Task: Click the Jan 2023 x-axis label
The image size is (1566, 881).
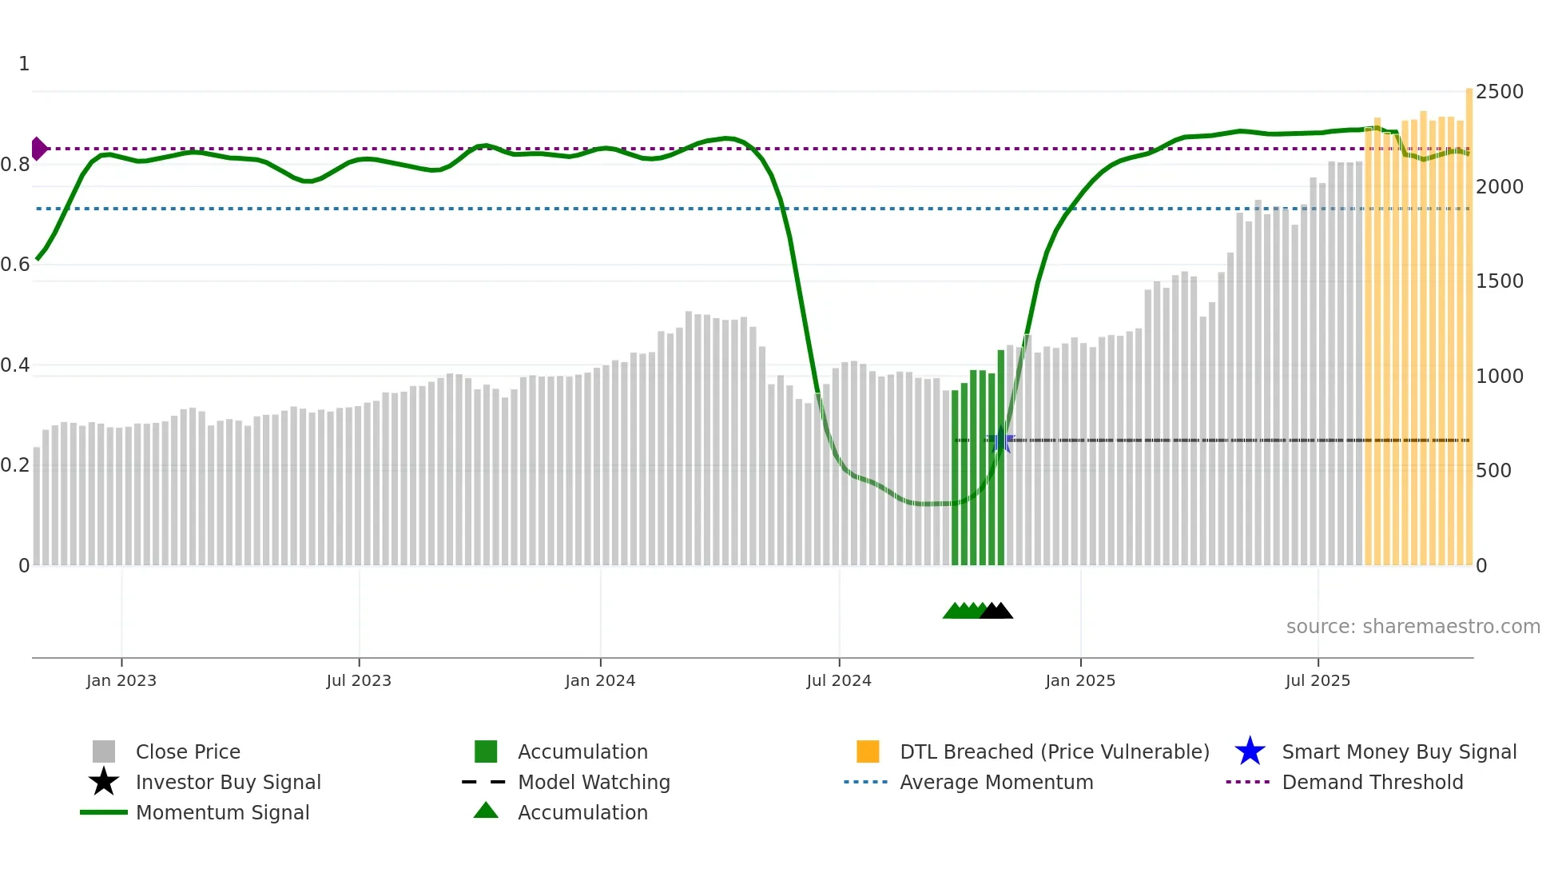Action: tap(121, 680)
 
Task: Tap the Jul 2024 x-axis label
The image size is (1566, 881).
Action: tap(839, 680)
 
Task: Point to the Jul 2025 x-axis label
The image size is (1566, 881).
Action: tap(1318, 680)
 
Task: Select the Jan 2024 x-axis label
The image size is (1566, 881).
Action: tap(600, 680)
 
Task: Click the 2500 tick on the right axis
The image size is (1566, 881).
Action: tap(1500, 92)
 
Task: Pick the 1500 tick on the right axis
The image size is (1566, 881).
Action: tap(1500, 281)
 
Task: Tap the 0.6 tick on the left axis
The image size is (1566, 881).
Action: tap(15, 265)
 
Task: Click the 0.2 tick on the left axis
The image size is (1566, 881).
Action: tap(15, 465)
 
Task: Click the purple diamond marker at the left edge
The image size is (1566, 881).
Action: tap(38, 149)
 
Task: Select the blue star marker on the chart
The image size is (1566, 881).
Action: tap(1000, 440)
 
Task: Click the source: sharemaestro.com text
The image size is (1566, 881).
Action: tap(1413, 627)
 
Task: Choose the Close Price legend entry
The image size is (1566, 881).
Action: tap(188, 751)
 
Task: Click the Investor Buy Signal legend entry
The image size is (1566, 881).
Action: tap(228, 782)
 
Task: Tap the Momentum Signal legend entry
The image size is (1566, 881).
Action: tap(222, 812)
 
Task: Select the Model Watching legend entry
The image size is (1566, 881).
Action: tap(594, 782)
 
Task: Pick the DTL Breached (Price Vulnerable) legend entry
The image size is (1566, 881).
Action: tap(1054, 751)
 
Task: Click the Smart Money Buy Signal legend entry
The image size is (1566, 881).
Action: tap(1399, 751)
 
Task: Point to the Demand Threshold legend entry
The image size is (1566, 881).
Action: tap(1372, 782)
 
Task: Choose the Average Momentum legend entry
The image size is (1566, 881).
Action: tap(996, 782)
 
